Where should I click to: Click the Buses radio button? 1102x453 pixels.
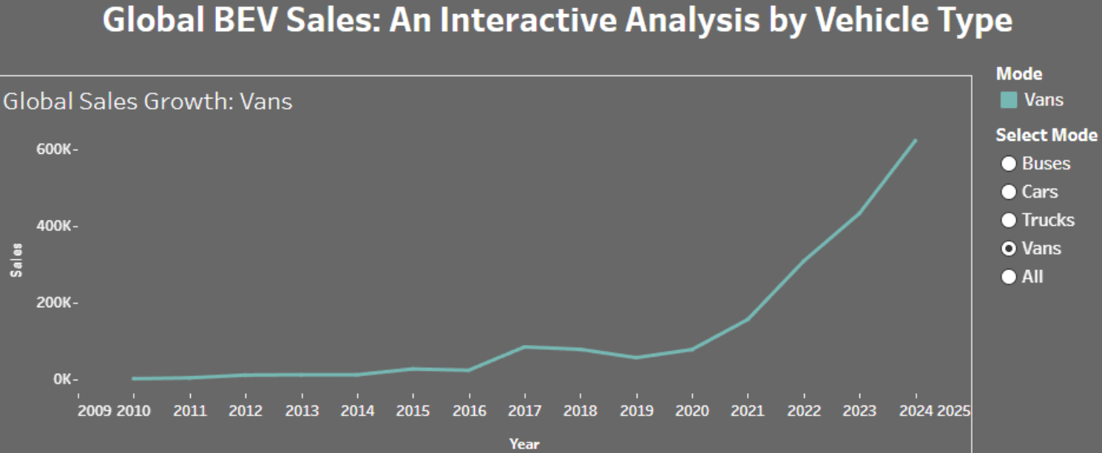point(1008,164)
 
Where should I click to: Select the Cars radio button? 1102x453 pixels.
point(1008,192)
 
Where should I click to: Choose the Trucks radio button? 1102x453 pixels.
point(1008,220)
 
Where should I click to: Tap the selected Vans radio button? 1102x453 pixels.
point(1008,248)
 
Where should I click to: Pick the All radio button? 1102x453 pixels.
point(1008,276)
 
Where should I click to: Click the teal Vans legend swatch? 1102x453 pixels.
point(1009,100)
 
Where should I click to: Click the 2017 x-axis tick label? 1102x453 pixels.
point(524,411)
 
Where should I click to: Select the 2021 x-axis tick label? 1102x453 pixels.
point(748,411)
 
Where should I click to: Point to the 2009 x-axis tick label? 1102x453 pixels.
point(95,411)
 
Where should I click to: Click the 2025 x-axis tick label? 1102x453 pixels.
point(953,411)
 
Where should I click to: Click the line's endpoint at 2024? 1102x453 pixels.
point(916,140)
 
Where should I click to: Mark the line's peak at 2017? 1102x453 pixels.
point(524,346)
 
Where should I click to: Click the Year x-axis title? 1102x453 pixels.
point(524,444)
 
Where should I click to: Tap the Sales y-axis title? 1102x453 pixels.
point(16,261)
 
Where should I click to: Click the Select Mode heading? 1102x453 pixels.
point(1047,135)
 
